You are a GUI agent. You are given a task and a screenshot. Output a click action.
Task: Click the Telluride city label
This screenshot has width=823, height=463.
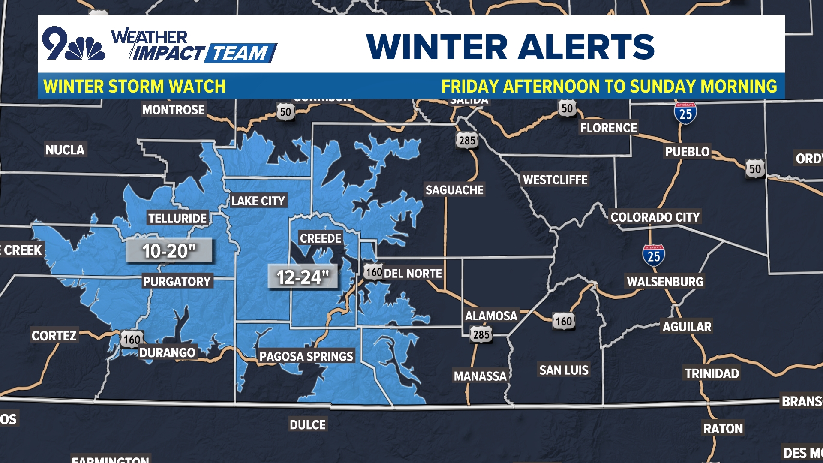(x=177, y=218)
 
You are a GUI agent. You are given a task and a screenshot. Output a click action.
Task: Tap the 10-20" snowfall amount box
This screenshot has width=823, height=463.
(x=169, y=250)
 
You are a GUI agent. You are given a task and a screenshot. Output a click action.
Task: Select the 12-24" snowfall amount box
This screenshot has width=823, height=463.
(x=303, y=277)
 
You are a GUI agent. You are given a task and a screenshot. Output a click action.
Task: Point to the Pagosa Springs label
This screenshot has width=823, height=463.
(x=306, y=356)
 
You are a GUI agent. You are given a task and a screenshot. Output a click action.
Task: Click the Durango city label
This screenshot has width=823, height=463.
(x=167, y=352)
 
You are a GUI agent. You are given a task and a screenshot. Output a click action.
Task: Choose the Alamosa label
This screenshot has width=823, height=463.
(x=491, y=316)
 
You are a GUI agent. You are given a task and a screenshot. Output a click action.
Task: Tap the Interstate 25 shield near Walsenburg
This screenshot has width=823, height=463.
(x=653, y=256)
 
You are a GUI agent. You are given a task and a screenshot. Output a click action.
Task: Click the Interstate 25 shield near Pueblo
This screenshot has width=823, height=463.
(x=685, y=113)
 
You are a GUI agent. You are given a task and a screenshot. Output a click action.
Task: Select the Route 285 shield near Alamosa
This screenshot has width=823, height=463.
(x=481, y=334)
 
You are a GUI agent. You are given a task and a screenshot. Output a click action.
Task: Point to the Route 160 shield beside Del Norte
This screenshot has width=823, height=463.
(x=373, y=272)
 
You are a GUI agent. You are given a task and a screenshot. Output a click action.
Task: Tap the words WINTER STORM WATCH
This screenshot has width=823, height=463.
(x=135, y=86)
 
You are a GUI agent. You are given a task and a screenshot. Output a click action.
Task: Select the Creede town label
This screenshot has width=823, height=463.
(x=321, y=238)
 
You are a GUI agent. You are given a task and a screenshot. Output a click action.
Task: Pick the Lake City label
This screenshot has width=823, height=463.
(x=258, y=201)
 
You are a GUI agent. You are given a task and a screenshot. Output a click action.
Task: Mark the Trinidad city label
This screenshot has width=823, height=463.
(x=712, y=373)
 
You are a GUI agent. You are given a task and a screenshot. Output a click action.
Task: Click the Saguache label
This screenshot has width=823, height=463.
(x=454, y=190)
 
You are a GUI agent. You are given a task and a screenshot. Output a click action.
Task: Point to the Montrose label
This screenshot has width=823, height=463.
(x=173, y=110)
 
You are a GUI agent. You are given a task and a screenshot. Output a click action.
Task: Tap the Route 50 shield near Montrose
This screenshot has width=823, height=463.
(x=285, y=112)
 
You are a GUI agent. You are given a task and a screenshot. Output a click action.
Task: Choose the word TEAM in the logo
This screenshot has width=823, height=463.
(x=240, y=54)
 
